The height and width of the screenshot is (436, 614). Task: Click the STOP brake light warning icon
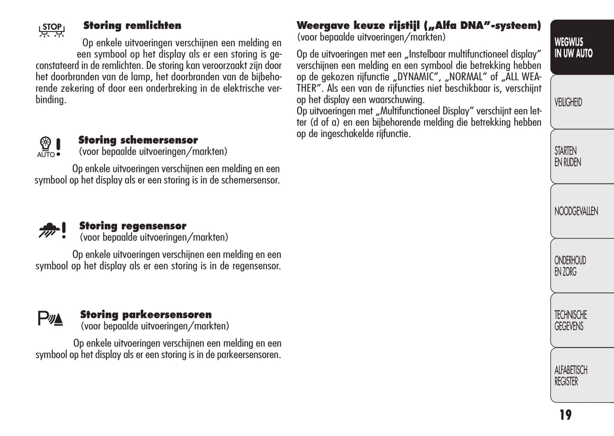(x=52, y=30)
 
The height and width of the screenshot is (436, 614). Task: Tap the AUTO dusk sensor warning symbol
(x=49, y=147)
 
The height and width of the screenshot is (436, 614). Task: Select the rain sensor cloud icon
(x=52, y=230)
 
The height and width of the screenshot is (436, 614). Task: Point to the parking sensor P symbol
(x=50, y=318)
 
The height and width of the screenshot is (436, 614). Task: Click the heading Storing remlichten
(x=132, y=25)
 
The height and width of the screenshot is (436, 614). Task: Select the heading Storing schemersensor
(x=138, y=140)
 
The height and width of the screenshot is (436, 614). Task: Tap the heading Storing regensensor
(x=133, y=226)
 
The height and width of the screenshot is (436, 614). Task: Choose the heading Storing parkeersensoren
(x=146, y=315)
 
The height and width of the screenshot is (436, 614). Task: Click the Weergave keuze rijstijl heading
(x=419, y=25)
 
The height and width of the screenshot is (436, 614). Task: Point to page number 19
(x=566, y=415)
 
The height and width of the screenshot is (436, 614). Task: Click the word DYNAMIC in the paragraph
(x=416, y=77)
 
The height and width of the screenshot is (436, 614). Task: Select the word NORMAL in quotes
(x=466, y=77)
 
